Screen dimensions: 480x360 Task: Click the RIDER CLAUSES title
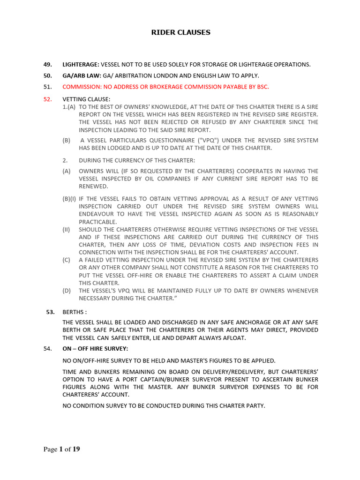click(x=180, y=32)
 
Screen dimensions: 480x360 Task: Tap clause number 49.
click(x=47, y=64)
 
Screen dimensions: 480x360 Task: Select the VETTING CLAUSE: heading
click(x=86, y=99)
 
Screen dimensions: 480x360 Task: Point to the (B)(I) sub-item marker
click(x=70, y=199)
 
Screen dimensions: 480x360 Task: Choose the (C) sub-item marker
click(x=67, y=260)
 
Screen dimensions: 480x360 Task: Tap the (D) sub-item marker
click(x=67, y=291)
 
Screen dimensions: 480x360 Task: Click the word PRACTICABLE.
click(x=97, y=221)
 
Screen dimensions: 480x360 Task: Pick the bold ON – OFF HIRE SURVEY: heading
click(x=95, y=349)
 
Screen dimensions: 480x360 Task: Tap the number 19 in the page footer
click(x=75, y=450)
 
